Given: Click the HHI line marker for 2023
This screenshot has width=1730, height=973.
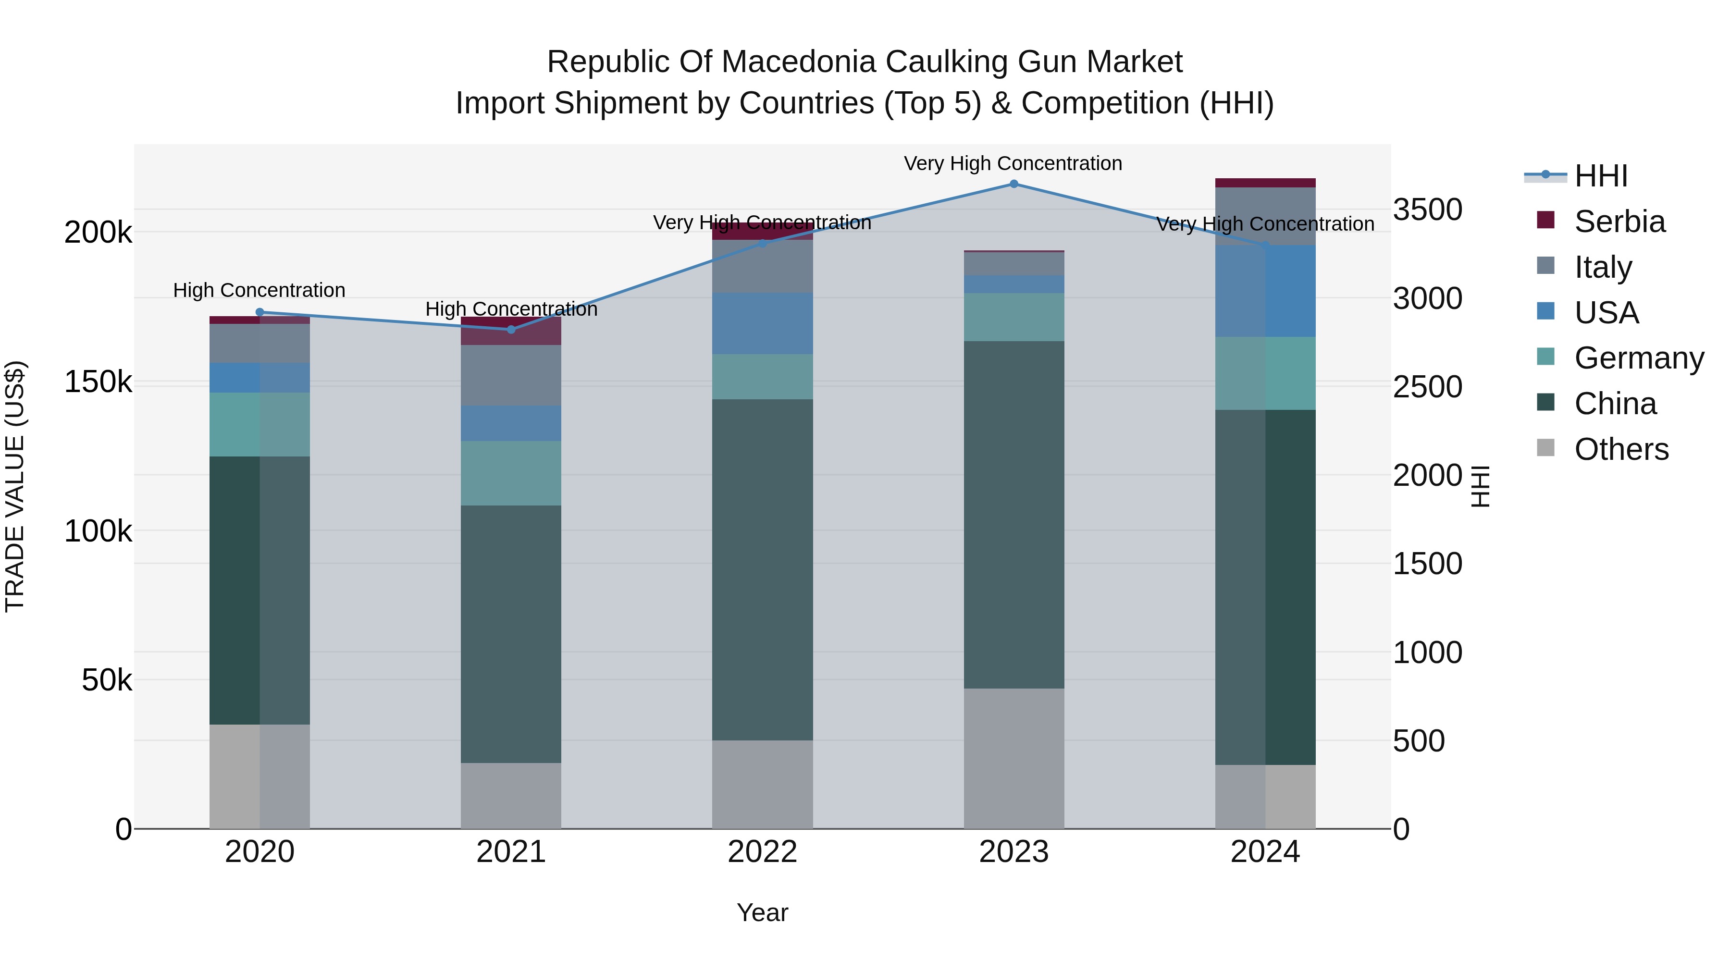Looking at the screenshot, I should coord(1013,184).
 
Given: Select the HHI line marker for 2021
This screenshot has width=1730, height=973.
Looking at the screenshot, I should coord(511,330).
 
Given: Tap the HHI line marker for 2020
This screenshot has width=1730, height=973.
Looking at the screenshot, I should coord(260,312).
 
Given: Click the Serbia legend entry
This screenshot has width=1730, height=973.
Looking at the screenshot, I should coord(1619,222).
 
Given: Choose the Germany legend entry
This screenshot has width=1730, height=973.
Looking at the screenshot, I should coord(1639,358).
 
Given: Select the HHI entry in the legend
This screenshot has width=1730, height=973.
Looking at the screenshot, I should coord(1600,176).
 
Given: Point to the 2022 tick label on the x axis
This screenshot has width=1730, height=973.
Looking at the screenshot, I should coord(762,852).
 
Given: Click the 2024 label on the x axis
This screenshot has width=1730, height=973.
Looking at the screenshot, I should coord(1265,852).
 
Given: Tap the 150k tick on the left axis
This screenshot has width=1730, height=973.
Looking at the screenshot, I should coord(98,382).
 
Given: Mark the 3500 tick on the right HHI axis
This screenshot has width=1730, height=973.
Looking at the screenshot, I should coord(1427,209).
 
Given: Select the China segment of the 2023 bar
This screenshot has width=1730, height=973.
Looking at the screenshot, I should coord(1013,514).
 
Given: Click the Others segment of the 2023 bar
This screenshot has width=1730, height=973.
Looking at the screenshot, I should coord(1013,758).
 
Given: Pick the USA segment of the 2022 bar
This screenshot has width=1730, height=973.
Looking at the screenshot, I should coord(762,324).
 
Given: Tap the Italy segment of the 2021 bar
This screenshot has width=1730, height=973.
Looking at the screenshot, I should coord(511,375).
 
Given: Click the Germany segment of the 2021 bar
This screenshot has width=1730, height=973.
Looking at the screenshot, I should coord(511,473).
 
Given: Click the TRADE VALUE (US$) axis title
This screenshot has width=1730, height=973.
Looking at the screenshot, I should coord(15,486).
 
